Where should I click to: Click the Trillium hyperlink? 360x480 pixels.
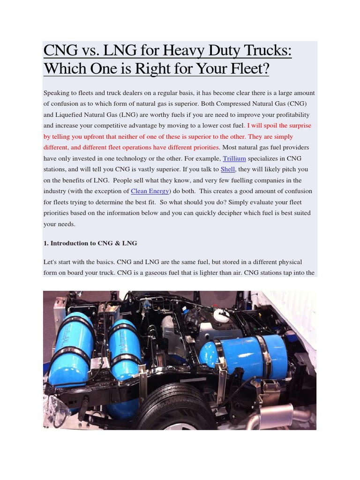(x=234, y=158)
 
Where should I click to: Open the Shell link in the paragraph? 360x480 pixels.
(x=228, y=169)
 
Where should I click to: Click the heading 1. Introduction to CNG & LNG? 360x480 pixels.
(x=90, y=243)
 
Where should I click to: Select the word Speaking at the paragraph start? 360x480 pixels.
(x=57, y=93)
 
